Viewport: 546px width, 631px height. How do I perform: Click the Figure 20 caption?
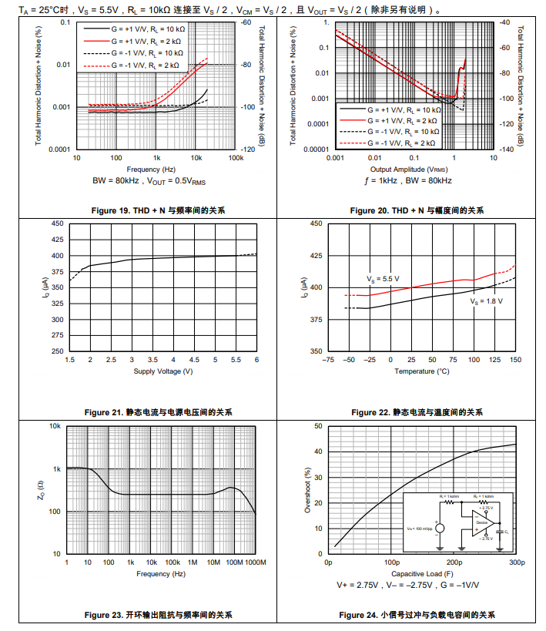[417, 210]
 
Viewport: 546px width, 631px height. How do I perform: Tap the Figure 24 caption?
[417, 614]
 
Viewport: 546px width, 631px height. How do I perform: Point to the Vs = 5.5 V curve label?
[383, 278]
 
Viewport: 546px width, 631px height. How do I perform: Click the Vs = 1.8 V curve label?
[487, 302]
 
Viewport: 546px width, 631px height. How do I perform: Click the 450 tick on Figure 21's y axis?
[58, 224]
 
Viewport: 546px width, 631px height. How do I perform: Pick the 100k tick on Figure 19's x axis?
[236, 158]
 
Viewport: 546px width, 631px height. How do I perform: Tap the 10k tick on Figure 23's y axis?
[55, 427]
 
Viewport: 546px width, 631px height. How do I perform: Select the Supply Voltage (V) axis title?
[163, 371]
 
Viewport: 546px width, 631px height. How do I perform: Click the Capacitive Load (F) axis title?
[422, 574]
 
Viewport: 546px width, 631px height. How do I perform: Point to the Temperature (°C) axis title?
[422, 371]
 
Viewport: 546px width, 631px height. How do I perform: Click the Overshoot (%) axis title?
[308, 490]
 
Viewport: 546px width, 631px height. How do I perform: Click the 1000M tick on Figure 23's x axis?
[255, 563]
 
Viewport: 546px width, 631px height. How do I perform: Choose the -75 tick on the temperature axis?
[327, 360]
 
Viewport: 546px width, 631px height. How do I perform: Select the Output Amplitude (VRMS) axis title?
[409, 169]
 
